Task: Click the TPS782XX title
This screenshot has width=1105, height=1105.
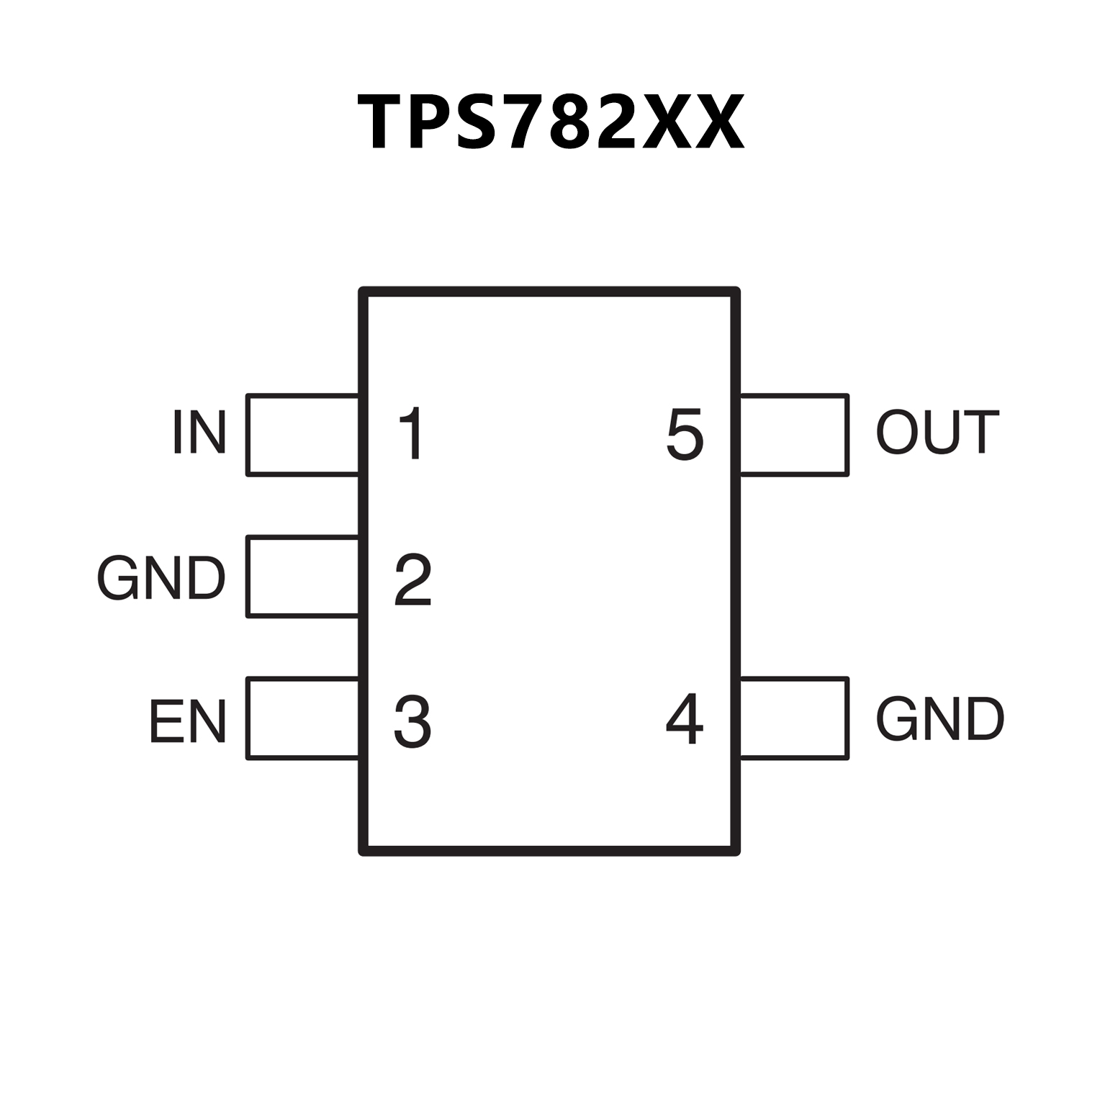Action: pyautogui.click(x=551, y=122)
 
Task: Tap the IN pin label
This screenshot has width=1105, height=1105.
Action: pyautogui.click(x=199, y=432)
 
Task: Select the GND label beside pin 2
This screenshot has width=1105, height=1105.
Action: pyautogui.click(x=161, y=578)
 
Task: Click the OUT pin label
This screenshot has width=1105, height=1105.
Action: pyautogui.click(x=937, y=432)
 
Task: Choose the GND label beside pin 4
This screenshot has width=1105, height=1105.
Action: pyautogui.click(x=939, y=718)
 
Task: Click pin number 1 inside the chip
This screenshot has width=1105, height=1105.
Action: pyautogui.click(x=411, y=433)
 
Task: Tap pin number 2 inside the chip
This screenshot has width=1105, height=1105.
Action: pyautogui.click(x=412, y=579)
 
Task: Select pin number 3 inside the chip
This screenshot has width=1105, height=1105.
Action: pyautogui.click(x=412, y=721)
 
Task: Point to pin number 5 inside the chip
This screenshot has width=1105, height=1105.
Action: pyautogui.click(x=685, y=433)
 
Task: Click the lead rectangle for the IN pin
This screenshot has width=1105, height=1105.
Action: pyautogui.click(x=302, y=435)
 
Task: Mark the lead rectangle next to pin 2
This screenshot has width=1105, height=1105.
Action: pyautogui.click(x=302, y=576)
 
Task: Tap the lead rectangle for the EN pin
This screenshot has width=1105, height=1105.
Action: pyautogui.click(x=302, y=718)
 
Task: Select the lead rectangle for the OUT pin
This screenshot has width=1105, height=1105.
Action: pyautogui.click(x=794, y=435)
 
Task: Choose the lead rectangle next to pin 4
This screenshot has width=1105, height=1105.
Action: pyautogui.click(x=794, y=718)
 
